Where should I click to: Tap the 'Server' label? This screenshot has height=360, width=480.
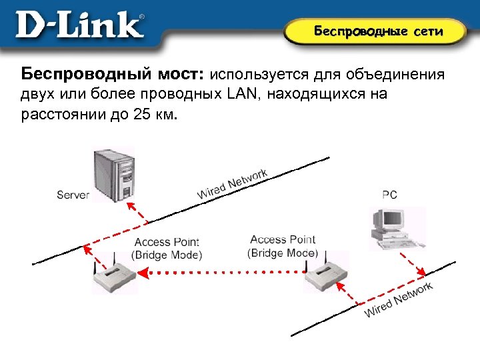point(73,195)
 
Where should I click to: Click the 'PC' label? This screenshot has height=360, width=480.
point(389,195)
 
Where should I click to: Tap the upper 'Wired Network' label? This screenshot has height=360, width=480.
point(232,183)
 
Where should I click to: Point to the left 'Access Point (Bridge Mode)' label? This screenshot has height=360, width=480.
point(167,248)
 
